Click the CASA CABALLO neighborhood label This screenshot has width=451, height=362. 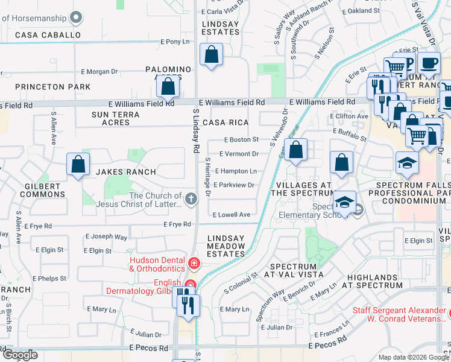tap(48, 35)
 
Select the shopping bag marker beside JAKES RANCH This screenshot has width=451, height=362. tap(78, 164)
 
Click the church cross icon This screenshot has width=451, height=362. tap(191, 199)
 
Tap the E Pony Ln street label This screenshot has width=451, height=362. tap(175, 42)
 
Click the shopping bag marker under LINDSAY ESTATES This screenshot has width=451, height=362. tap(212, 56)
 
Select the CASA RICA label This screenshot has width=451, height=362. tap(226, 122)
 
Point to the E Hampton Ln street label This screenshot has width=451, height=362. tap(236, 171)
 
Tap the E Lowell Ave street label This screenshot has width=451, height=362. tap(232, 215)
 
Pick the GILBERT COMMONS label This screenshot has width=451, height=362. tap(42, 191)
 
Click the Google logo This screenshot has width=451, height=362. tap(19, 355)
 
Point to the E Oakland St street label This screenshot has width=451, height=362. tap(360, 11)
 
